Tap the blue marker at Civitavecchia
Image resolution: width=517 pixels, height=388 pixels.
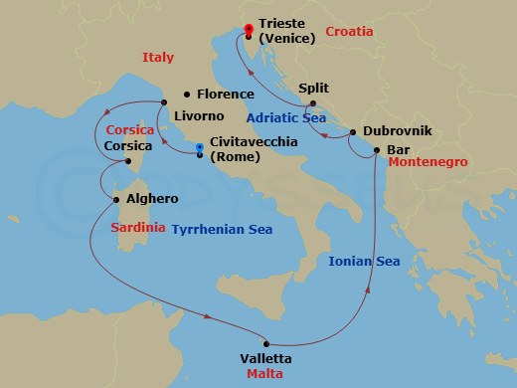coord(201,151)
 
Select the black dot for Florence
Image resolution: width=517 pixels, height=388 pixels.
coord(186,95)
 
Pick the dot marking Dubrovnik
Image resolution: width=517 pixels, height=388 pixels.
coord(353,132)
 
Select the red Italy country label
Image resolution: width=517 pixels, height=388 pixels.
coord(159,57)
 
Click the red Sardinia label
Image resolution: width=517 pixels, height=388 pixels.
coord(138,228)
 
